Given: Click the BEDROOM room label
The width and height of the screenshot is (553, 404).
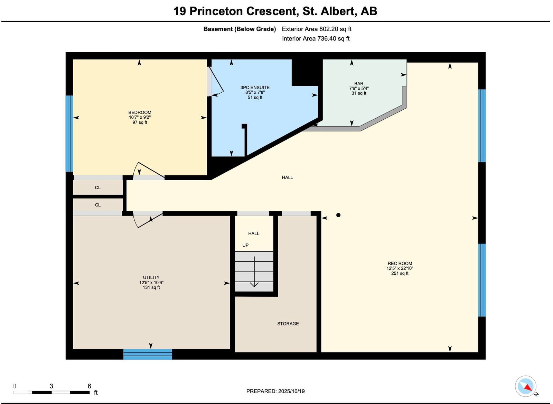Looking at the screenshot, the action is coord(140,112).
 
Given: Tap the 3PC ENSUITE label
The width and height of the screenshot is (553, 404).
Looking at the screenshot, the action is coord(255,88).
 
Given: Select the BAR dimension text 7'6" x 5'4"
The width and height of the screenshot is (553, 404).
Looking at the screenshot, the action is coord(359,88).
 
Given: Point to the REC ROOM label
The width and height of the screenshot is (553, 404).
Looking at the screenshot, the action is coord(400,264).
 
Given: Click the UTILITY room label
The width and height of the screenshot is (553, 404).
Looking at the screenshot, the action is coord(151,277).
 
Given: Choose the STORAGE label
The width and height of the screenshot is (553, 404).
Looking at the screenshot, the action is coord(288,324).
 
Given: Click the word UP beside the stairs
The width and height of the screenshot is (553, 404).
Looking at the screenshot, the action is coord(245,245).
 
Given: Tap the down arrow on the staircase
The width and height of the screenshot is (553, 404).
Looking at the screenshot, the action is coord(254,272).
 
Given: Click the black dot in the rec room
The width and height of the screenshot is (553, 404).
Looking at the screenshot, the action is coord(338,215).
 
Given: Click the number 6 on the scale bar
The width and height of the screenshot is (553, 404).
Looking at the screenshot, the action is coord(90,386).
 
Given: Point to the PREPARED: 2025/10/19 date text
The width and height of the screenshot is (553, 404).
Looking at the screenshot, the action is coord(275,391).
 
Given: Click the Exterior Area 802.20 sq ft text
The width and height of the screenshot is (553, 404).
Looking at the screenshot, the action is coord(317,29).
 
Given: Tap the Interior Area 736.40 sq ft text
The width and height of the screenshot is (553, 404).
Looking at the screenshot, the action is coord(316,38).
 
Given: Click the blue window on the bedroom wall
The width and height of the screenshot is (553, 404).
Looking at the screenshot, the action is coord(69,134).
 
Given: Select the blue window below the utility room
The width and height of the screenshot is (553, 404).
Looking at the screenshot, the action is coord(148,354).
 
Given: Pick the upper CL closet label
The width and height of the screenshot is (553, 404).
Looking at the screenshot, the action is coord(98,187).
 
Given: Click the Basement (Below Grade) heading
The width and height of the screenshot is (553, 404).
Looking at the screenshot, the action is coord(240,29).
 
